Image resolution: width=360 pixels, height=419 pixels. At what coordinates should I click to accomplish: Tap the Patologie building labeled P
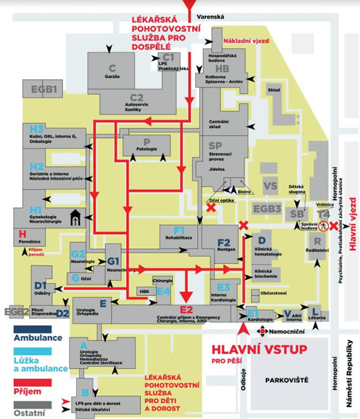point(146,145)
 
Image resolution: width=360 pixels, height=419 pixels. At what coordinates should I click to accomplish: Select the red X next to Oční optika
point(211,208)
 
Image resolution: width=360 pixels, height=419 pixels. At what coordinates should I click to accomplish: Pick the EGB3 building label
point(266,209)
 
